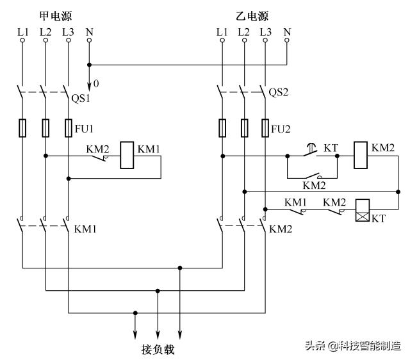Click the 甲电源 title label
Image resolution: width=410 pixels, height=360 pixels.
click(x=56, y=14)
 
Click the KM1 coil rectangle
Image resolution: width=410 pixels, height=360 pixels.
click(x=128, y=155)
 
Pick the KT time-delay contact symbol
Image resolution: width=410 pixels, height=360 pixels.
click(x=311, y=152)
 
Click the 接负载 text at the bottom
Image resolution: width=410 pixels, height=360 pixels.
click(x=157, y=350)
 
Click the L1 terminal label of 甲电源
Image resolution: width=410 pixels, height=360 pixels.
click(x=23, y=31)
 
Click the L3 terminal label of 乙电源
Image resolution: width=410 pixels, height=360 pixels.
click(x=265, y=31)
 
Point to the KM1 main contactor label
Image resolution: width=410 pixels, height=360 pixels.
click(x=86, y=229)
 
